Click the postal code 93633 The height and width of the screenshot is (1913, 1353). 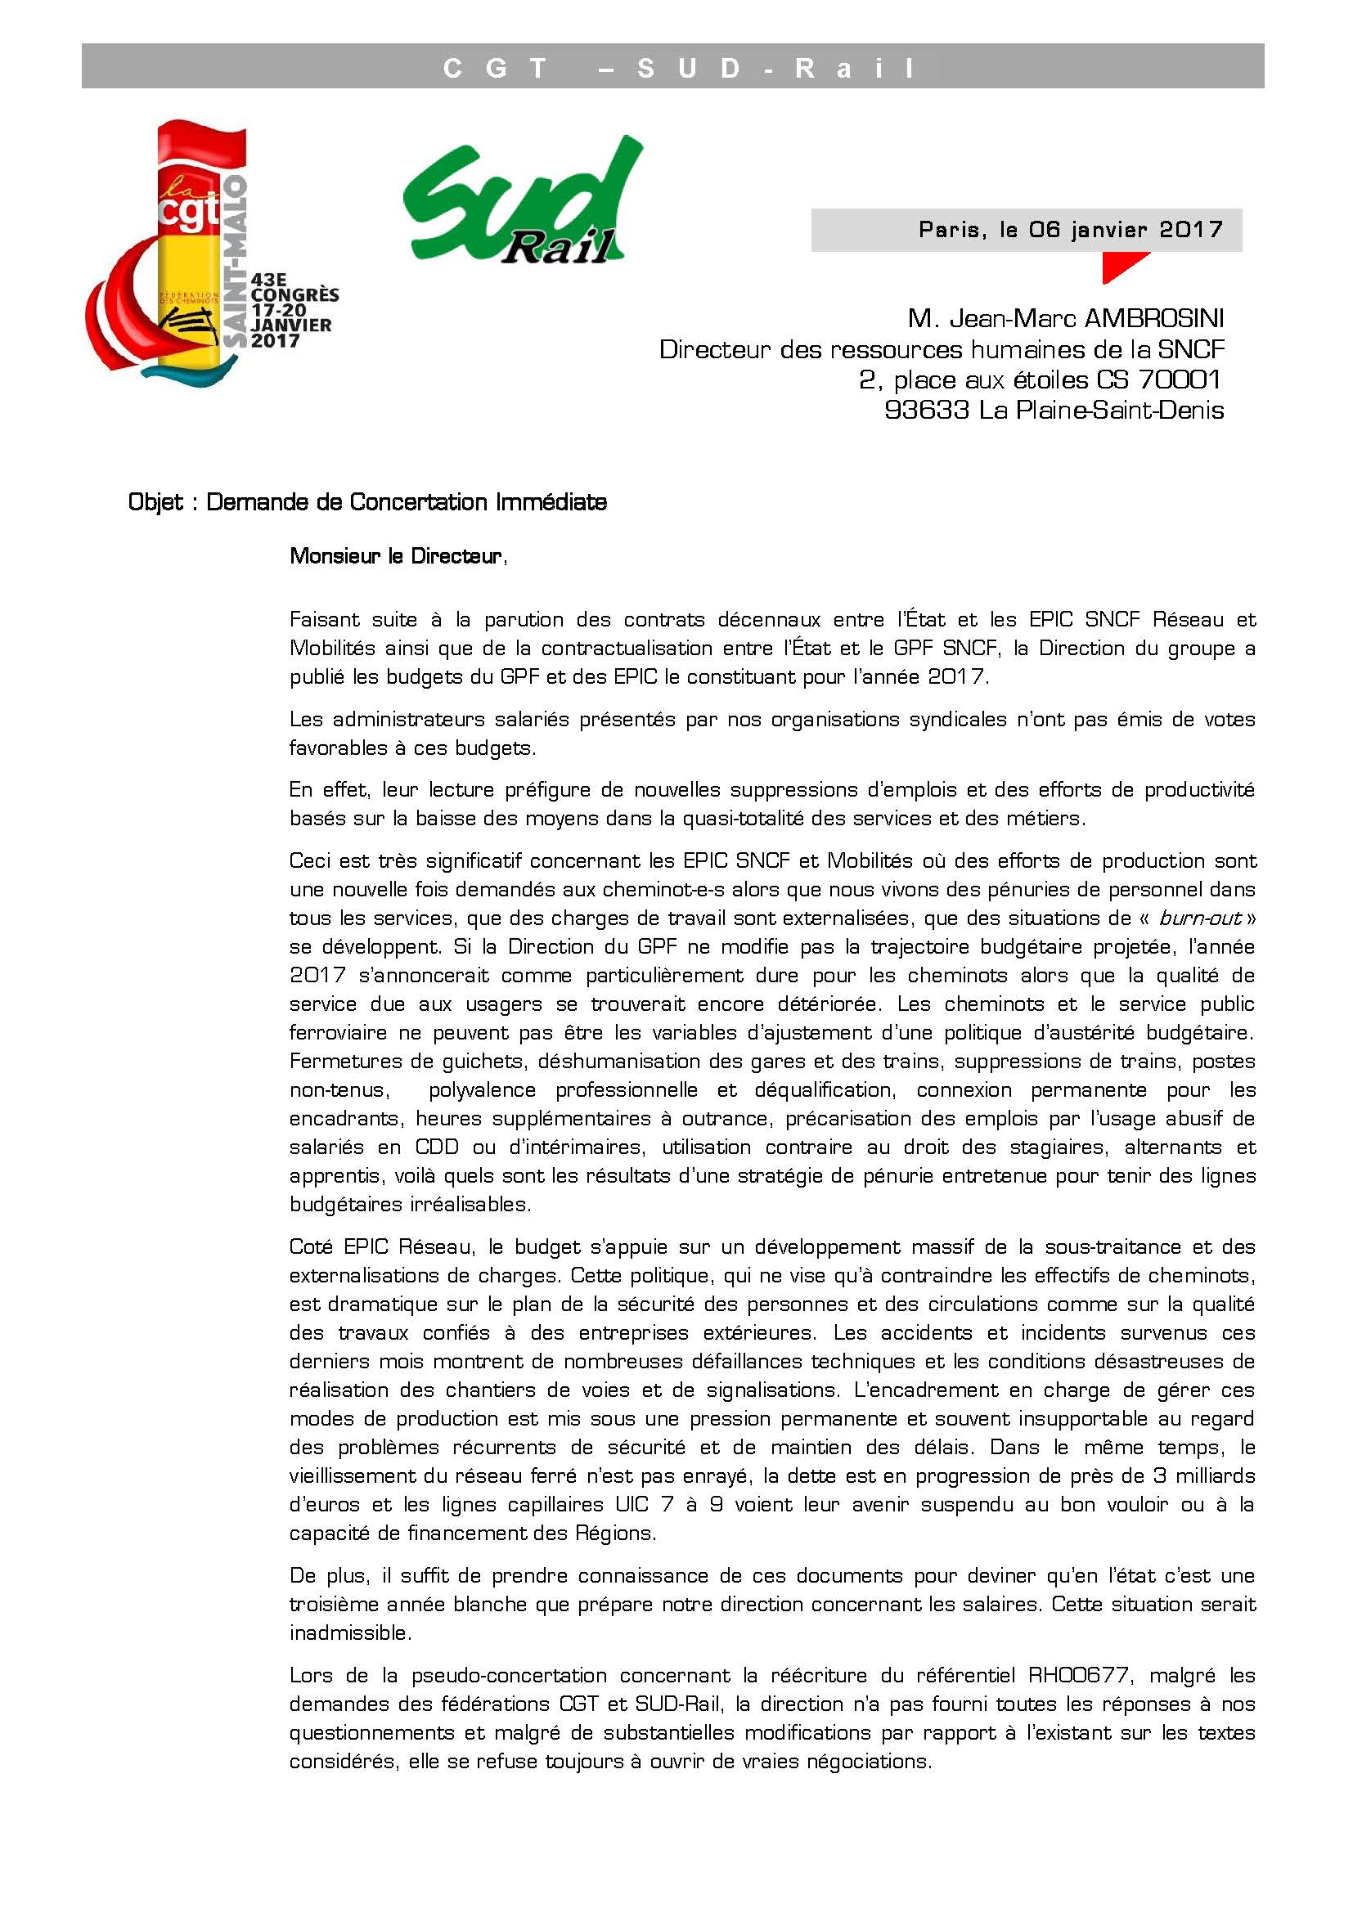[x=927, y=410]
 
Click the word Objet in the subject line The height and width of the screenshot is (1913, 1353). [x=155, y=502]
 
